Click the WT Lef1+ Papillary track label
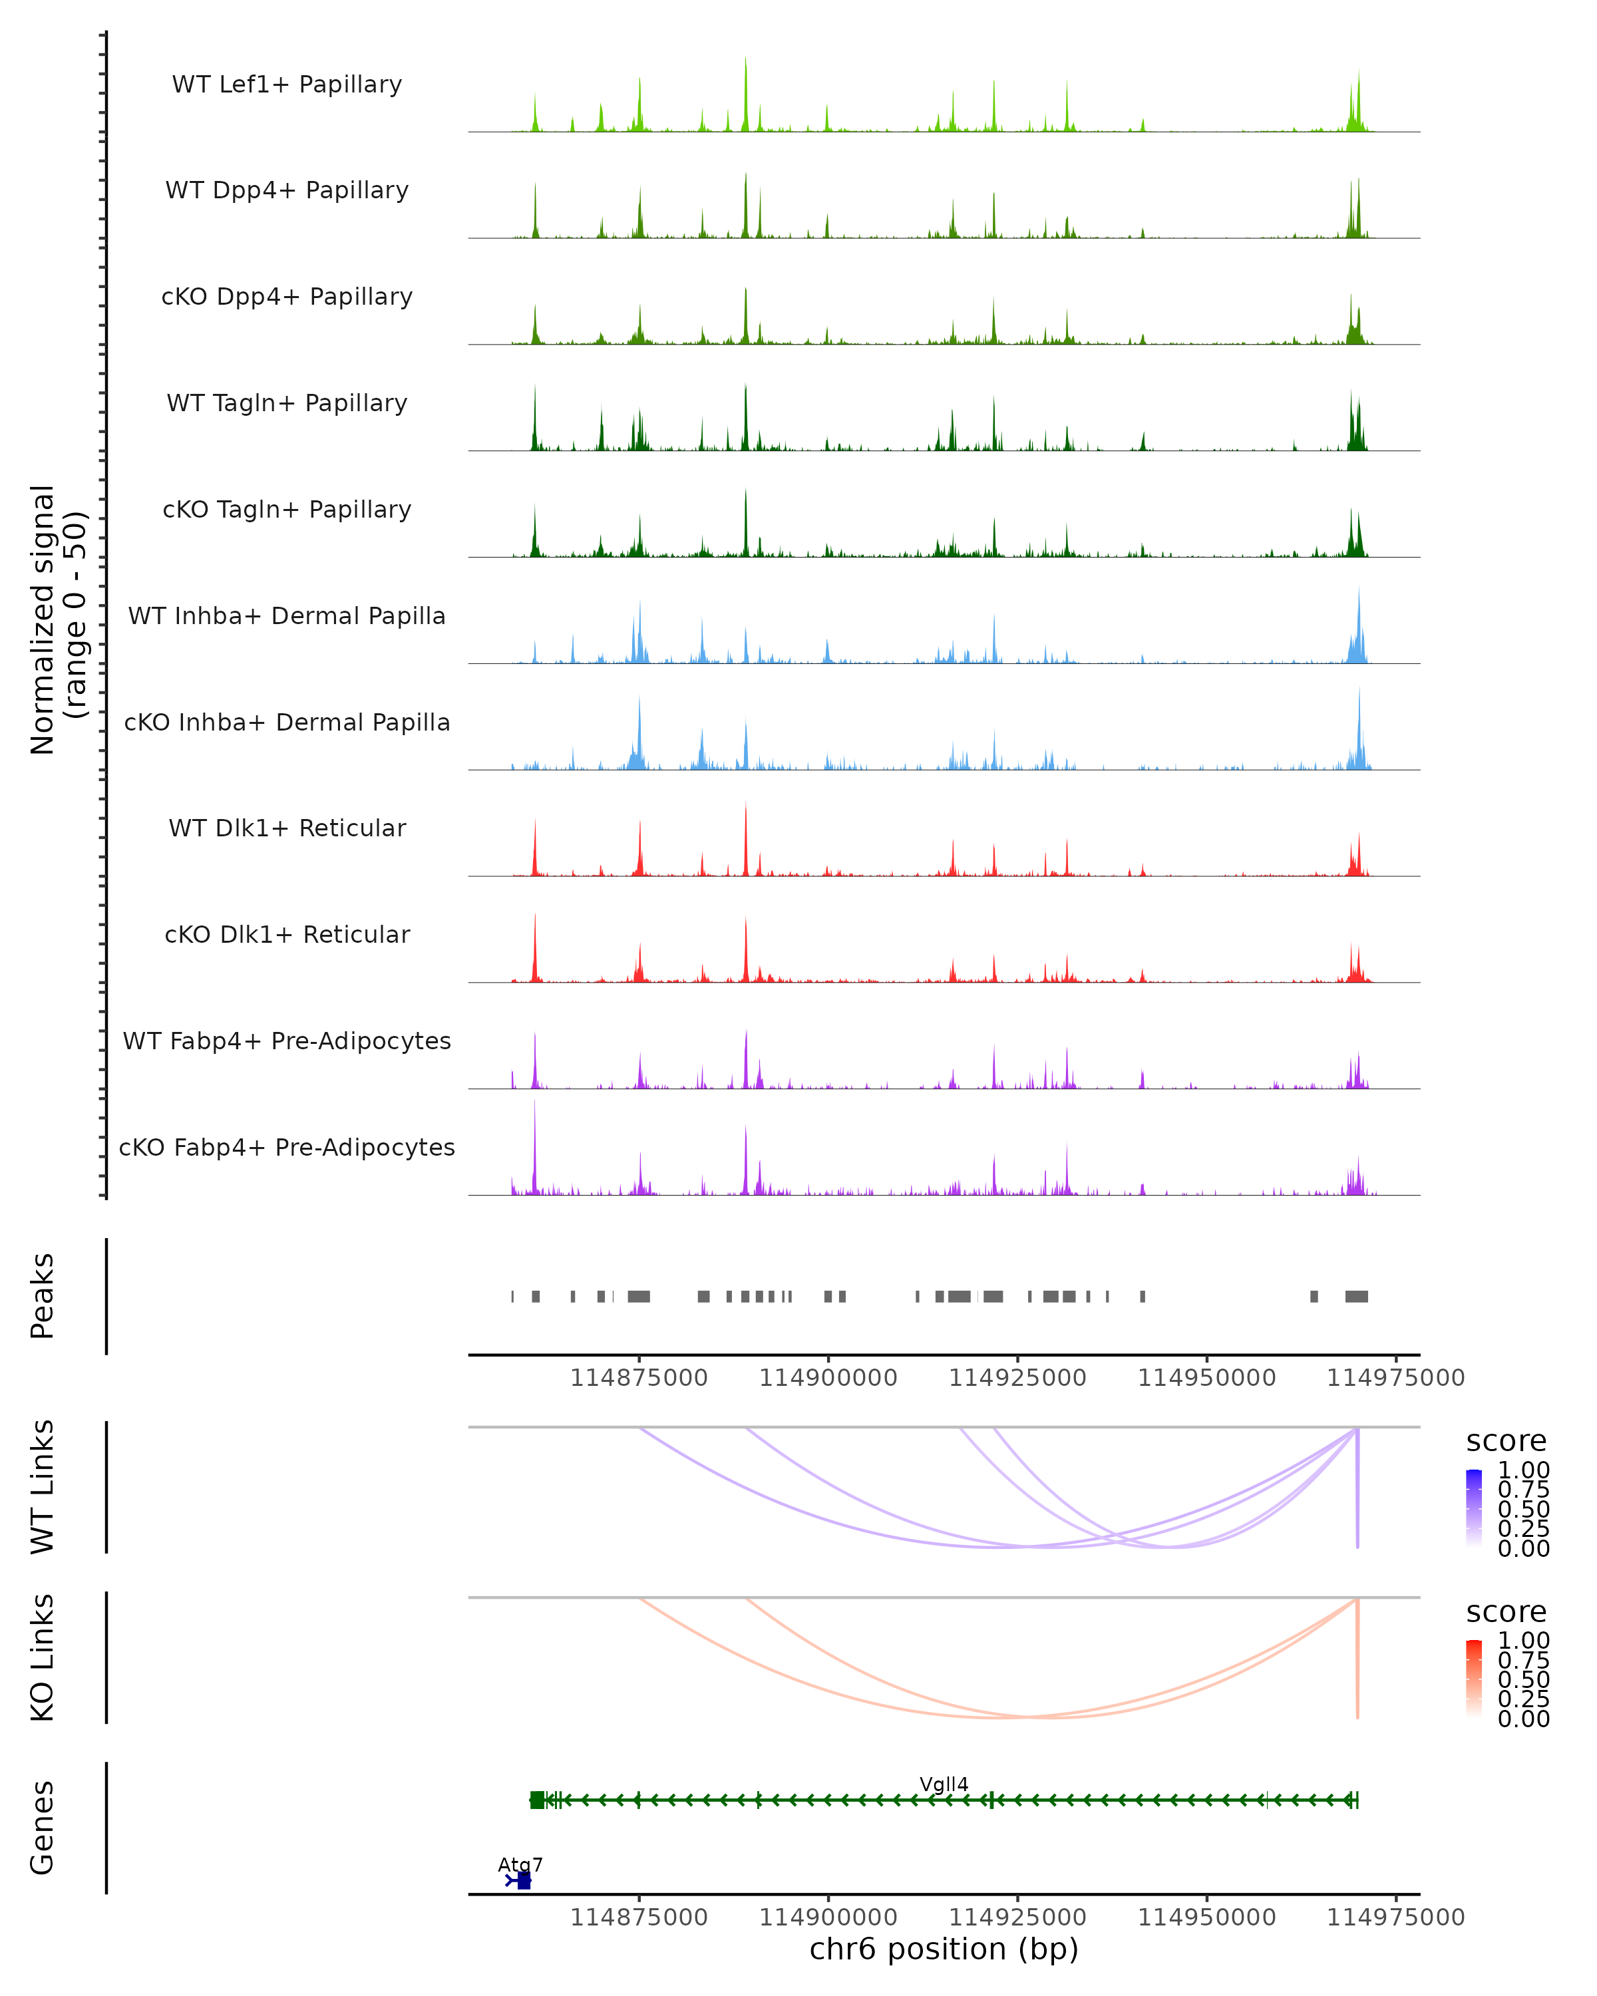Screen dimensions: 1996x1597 [x=287, y=84]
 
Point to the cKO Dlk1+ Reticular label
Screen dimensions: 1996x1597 [x=287, y=934]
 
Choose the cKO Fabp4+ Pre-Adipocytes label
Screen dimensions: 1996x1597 [x=287, y=1147]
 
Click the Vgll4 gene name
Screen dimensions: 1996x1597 [x=944, y=1784]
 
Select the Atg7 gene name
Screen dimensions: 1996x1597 [x=520, y=1864]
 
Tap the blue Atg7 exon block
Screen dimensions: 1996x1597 [x=524, y=1881]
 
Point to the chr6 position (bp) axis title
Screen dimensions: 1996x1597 [x=944, y=1949]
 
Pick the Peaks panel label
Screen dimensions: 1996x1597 [x=43, y=1296]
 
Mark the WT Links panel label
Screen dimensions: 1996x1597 [x=43, y=1487]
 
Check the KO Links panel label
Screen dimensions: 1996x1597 [x=43, y=1658]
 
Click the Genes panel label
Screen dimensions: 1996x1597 [x=43, y=1828]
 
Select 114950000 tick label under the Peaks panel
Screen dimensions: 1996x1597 [x=1206, y=1378]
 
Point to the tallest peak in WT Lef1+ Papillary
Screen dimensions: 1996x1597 [x=745, y=60]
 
